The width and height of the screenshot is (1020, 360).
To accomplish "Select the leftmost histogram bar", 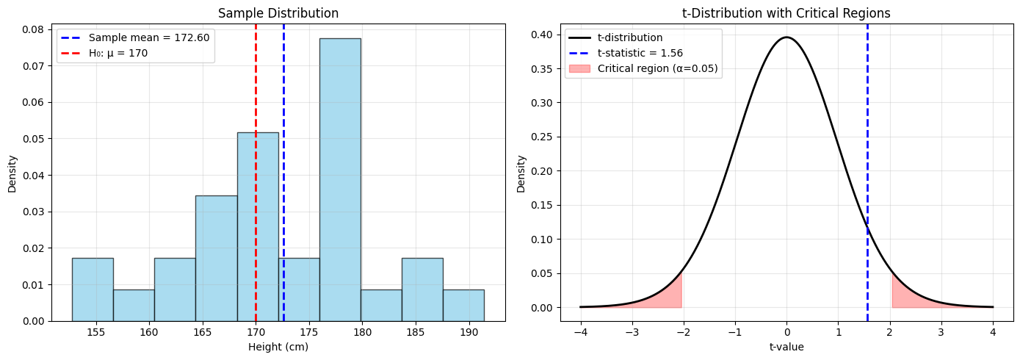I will click(93, 289).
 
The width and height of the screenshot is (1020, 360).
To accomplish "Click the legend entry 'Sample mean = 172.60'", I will click(151, 37).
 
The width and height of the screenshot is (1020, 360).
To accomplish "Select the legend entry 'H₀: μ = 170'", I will click(118, 53).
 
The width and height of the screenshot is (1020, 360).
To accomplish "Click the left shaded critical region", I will click(665, 298).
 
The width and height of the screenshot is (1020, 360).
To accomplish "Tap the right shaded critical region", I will click(907, 298).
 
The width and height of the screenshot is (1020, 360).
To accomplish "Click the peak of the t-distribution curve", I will click(786, 37).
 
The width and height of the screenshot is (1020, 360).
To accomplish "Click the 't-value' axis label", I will click(786, 347).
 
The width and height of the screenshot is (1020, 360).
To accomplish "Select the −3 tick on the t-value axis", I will click(632, 332).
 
